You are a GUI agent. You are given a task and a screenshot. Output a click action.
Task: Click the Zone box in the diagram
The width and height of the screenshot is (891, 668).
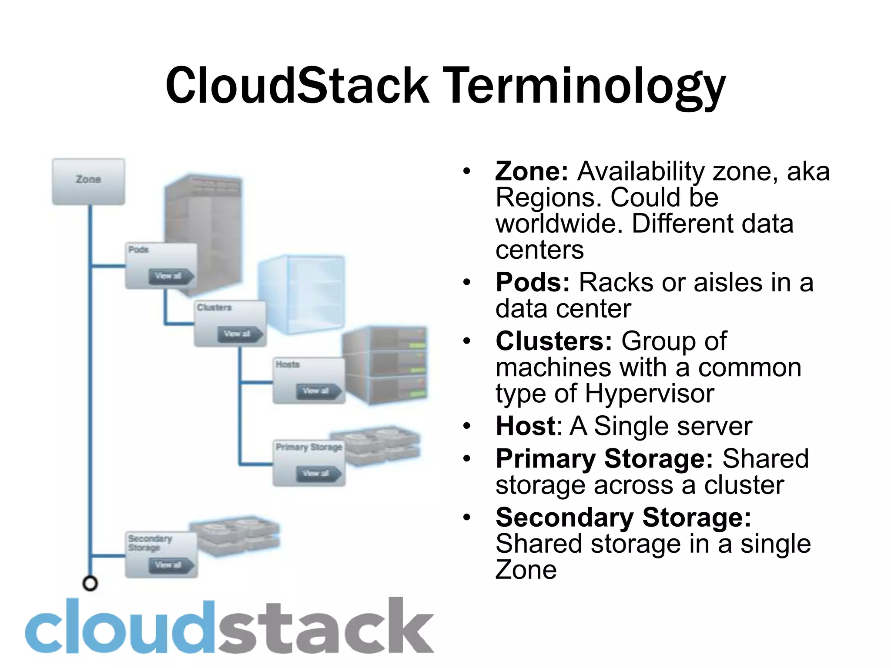(88, 181)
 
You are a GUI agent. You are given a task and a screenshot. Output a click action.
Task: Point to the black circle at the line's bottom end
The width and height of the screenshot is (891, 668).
(90, 583)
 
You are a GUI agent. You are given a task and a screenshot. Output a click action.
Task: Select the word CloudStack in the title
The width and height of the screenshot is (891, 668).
(297, 86)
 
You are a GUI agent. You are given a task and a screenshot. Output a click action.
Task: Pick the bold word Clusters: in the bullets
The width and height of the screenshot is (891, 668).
(554, 341)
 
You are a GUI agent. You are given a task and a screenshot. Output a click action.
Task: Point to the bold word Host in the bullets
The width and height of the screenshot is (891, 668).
(526, 426)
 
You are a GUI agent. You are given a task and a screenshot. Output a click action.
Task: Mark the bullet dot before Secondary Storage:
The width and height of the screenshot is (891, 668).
(467, 518)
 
